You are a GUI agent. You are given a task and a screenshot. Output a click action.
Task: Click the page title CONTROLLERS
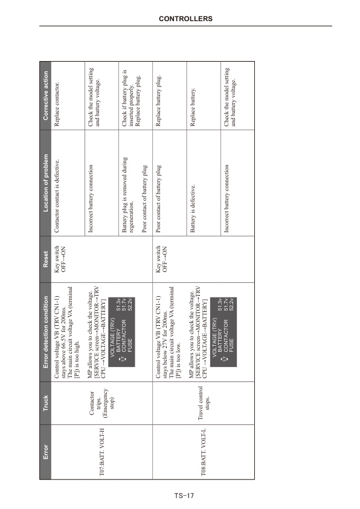186,19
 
